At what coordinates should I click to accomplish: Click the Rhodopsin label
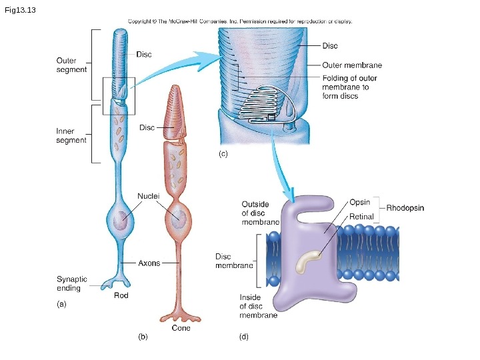(405, 208)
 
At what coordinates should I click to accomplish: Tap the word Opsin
(360, 202)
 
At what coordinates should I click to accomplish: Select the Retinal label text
(362, 217)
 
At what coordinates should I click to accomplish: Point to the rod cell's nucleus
(121, 221)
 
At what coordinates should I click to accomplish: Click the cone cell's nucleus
(178, 219)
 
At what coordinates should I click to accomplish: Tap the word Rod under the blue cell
(121, 295)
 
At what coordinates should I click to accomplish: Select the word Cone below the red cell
(181, 328)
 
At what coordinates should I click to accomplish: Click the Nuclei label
(148, 196)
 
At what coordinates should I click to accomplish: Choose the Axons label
(149, 263)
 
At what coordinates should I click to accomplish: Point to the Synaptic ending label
(72, 284)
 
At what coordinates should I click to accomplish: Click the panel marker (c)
(223, 154)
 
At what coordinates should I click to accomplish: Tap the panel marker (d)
(243, 337)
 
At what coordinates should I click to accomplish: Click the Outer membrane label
(352, 65)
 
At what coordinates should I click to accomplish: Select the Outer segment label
(71, 65)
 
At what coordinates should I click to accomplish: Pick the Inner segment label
(71, 135)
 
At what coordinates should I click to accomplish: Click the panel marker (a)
(61, 304)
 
